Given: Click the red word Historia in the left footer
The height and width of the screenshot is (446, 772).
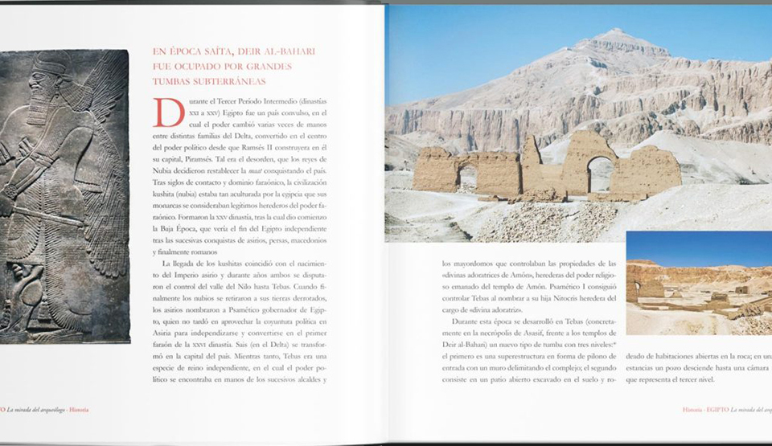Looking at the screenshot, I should click(79, 410).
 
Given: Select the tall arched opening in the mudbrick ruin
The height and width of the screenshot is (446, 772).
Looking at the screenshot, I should click(600, 173).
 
